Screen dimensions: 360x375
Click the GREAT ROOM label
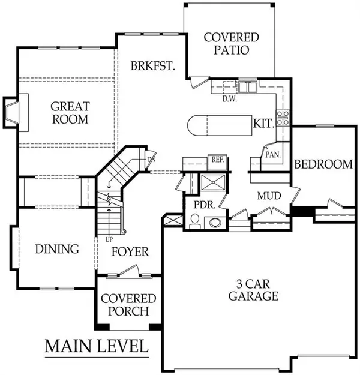(70, 113)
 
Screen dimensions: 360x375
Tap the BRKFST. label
(153, 66)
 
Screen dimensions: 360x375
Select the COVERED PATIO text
(232, 44)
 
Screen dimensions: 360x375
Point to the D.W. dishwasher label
(230, 99)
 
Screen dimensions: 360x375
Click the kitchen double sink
(248, 86)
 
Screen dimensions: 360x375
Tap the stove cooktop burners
(283, 118)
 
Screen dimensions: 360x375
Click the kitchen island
(220, 125)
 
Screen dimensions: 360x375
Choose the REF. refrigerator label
(217, 160)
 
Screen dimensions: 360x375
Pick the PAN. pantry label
(273, 155)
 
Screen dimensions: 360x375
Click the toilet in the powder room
(195, 221)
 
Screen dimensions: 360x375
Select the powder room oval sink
(215, 223)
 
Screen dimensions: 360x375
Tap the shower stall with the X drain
(213, 182)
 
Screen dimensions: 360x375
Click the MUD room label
(269, 196)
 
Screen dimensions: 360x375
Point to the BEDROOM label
(323, 164)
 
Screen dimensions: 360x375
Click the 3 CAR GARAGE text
(253, 290)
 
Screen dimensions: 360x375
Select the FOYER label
(130, 251)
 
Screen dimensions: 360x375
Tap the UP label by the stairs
(109, 239)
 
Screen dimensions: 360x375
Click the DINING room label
(57, 249)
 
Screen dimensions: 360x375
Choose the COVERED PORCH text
(128, 305)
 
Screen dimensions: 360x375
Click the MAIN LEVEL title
(97, 346)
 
